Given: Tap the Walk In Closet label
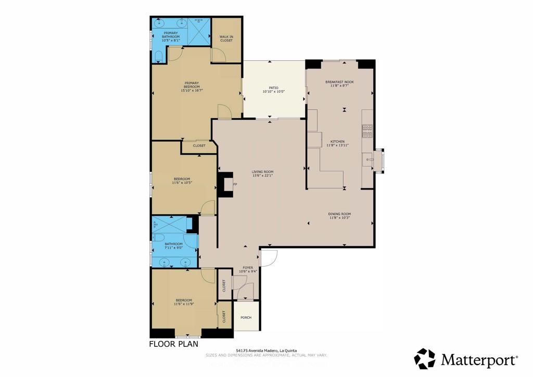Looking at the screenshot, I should (x=226, y=38).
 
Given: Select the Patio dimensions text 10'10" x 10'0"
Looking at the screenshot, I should (x=274, y=92).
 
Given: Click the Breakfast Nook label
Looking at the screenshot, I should (x=339, y=82).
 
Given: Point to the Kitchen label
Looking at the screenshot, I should (x=337, y=142).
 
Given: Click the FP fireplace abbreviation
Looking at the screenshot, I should (x=235, y=185).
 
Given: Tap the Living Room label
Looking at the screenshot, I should (x=263, y=172).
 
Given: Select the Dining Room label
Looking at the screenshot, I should (x=339, y=214).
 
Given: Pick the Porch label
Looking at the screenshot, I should (x=246, y=318).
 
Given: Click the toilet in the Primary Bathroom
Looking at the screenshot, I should (x=159, y=56).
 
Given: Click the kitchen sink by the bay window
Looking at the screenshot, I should (x=371, y=159).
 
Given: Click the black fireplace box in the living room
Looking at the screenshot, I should (x=225, y=185).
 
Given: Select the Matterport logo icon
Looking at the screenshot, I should (x=425, y=359).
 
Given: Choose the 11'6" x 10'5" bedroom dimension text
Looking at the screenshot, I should (x=182, y=183).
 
